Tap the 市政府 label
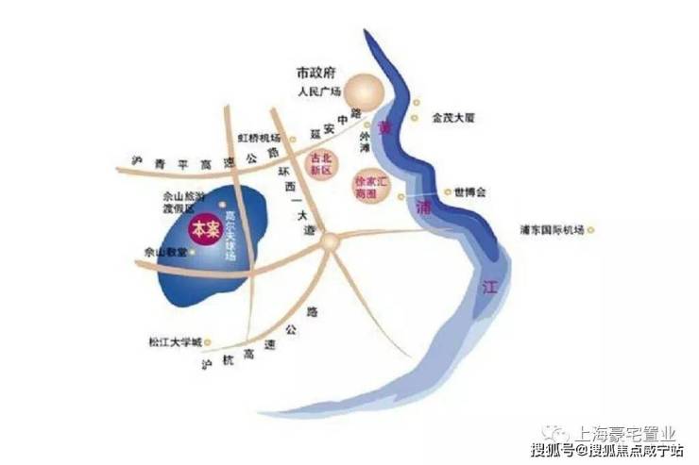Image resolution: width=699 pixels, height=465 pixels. click(316, 73)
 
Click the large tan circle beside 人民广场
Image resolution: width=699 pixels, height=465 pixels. click(364, 93)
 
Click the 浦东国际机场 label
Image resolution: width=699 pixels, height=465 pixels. click(553, 229)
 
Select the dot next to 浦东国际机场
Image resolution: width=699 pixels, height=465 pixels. click(591, 229)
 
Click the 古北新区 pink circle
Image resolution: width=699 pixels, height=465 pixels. click(321, 165)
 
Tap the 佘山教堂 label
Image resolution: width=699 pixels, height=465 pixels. click(162, 253)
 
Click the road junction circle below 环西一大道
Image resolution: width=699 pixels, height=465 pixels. click(329, 242)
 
